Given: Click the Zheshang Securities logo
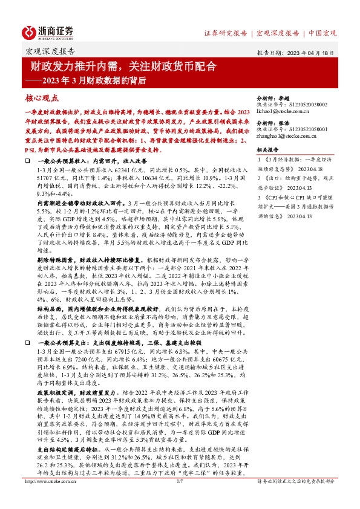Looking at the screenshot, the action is pyautogui.click(x=48, y=31).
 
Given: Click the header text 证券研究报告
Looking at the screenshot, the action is pyautogui.click(x=225, y=33).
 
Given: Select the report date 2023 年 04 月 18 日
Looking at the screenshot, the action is pyautogui.click(x=309, y=53).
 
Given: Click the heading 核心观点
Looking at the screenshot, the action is pyautogui.click(x=43, y=97).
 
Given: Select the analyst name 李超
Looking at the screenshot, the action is pyautogui.click(x=284, y=97).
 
